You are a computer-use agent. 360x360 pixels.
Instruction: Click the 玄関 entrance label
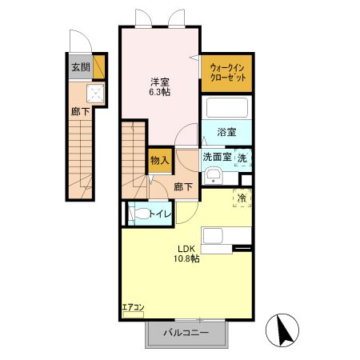point(81,67)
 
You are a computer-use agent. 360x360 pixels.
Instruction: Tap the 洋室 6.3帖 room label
point(160,87)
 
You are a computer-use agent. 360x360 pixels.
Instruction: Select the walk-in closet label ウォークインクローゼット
point(227,73)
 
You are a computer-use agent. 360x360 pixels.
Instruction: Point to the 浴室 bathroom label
point(226,132)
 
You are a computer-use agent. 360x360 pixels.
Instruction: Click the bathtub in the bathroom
point(227,107)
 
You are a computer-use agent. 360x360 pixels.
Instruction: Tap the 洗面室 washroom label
point(217,157)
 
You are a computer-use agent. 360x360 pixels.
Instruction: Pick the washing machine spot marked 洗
point(242,158)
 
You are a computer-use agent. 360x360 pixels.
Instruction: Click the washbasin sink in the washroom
point(214,176)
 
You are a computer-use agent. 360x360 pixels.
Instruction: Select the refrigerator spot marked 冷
point(242,198)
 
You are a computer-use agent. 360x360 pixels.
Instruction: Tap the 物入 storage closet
point(160,160)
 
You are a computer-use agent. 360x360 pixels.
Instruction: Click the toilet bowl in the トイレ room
point(141,214)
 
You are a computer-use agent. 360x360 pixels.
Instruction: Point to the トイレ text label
point(160,214)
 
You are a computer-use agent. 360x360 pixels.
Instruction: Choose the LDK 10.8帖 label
point(186,254)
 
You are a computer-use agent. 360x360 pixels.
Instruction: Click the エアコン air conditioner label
point(133,307)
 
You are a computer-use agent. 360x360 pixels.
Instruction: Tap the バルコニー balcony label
point(186,333)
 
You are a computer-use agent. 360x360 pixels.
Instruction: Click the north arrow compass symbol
point(282,330)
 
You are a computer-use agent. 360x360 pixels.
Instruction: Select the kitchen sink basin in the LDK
point(213,236)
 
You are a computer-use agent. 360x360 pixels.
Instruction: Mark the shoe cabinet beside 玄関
point(98,67)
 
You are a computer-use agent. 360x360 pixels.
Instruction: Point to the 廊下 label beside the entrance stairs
point(80,112)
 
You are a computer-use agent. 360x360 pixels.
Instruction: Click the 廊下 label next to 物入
point(183,187)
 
